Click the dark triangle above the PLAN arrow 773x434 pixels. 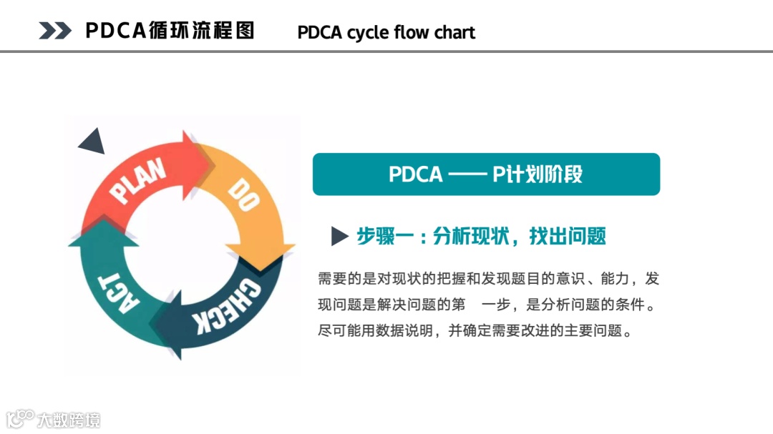pos(93,142)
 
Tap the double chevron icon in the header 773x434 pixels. pos(55,31)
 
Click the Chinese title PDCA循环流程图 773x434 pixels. pos(170,31)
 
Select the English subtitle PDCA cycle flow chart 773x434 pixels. pos(386,33)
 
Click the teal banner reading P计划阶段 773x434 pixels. pos(486,174)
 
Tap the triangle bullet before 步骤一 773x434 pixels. pos(339,237)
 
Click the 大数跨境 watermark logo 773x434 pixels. pos(53,418)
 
